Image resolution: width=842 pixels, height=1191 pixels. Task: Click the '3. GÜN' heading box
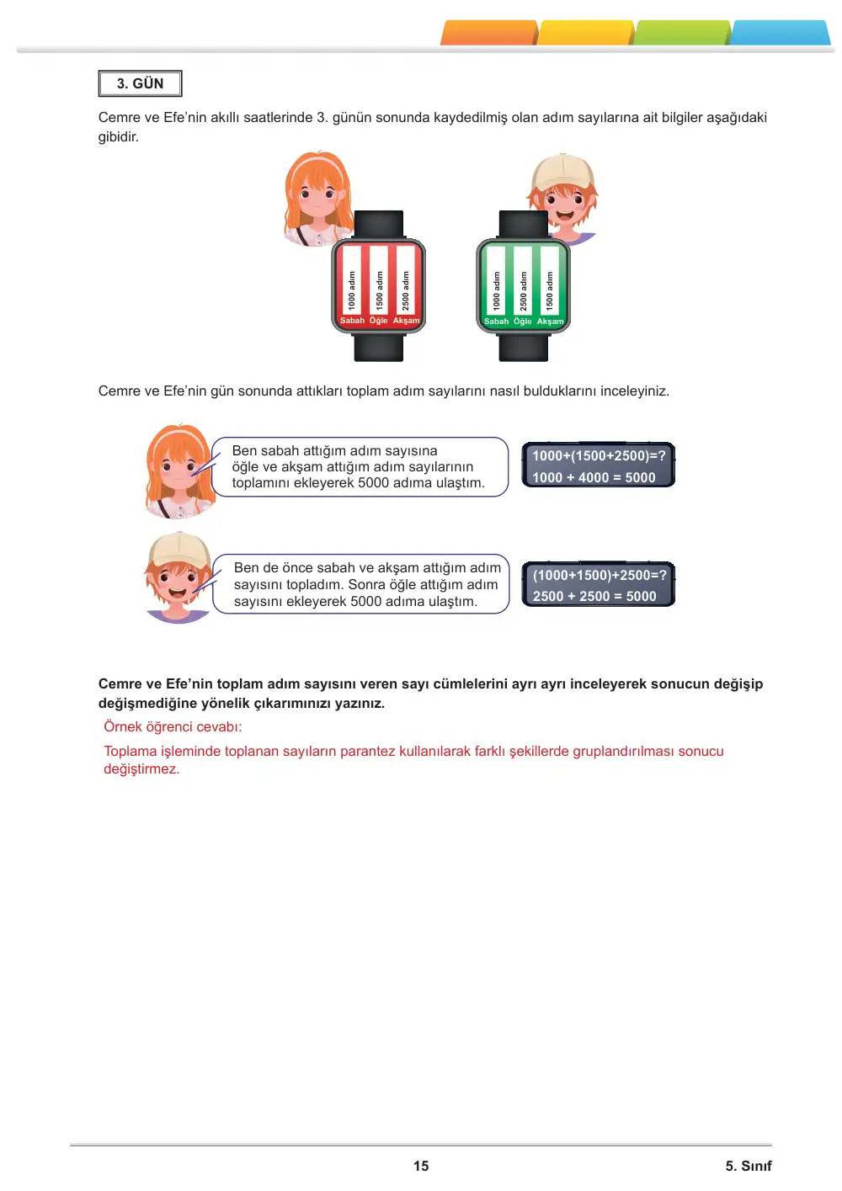140,83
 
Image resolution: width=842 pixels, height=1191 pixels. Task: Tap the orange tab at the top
489,33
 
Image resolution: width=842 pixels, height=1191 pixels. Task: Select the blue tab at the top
780,33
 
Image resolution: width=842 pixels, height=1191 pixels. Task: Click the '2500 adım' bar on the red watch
406,280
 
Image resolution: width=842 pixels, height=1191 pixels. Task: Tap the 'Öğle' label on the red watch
378,321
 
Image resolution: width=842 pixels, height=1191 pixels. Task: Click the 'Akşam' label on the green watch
550,322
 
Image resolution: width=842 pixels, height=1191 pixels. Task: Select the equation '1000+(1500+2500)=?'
599,455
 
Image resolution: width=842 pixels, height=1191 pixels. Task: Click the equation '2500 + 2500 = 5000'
594,596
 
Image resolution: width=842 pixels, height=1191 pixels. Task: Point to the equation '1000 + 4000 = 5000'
594,477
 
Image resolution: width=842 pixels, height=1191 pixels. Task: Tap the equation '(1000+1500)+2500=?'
600,575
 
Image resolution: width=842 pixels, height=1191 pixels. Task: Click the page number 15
421,1166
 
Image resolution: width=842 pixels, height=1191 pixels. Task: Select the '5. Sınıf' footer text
749,1166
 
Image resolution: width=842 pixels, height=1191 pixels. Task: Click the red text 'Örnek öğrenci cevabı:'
173,727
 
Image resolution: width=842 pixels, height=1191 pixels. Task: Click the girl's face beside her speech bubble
178,468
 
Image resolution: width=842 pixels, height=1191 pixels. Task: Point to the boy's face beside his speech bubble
179,582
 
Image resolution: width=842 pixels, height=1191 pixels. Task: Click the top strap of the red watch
379,224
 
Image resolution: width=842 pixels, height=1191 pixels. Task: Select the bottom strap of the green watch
524,348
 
